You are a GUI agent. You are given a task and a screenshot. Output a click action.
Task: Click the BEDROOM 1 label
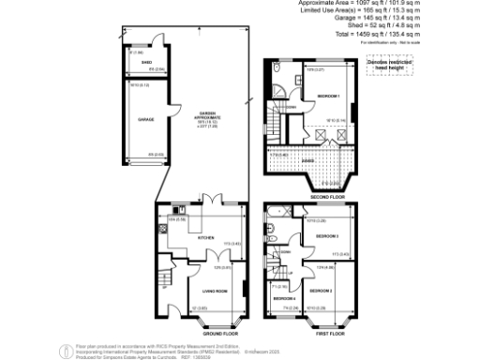click(x=327, y=96)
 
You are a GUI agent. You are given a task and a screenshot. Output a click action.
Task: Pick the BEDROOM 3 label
click(x=326, y=236)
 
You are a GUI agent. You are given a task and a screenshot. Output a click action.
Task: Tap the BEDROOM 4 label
click(x=285, y=297)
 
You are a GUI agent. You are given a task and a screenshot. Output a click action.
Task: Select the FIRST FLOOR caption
click(x=329, y=333)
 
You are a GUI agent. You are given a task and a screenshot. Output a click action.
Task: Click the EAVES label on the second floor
click(x=282, y=160)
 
